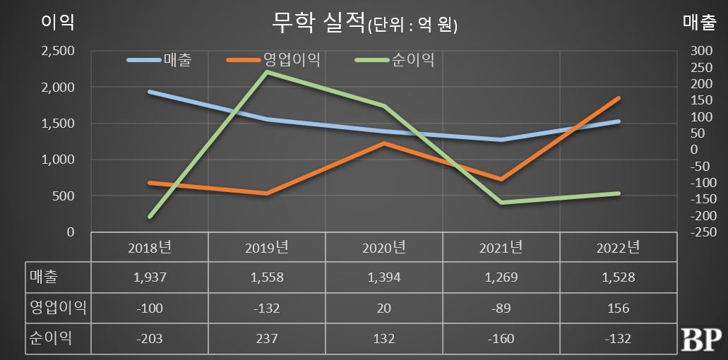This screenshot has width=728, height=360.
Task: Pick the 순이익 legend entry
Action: tap(412, 59)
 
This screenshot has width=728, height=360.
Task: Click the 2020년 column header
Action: tap(384, 248)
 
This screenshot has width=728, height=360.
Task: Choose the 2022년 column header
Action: tap(618, 248)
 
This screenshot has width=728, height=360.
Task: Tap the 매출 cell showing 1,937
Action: tap(150, 277)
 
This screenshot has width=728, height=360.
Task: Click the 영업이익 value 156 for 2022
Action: tap(618, 308)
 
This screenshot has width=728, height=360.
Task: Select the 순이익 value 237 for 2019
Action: tap(268, 338)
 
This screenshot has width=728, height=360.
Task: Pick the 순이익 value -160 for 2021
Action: tap(501, 338)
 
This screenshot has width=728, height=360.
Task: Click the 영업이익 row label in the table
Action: tap(57, 308)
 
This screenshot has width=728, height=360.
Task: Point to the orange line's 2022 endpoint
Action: tap(619, 98)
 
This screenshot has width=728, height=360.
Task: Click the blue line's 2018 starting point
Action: tap(150, 92)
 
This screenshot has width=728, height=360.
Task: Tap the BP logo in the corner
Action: tap(700, 340)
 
